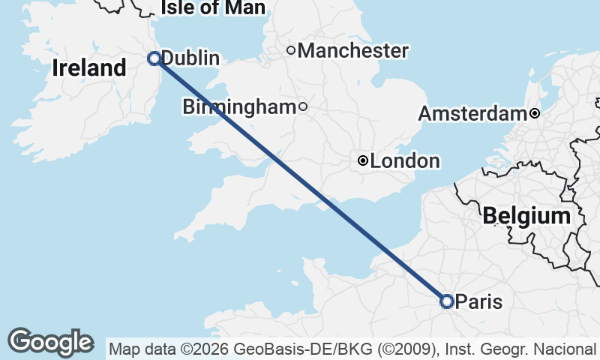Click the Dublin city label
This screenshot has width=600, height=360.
pos(190,58)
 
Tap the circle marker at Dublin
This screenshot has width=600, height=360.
pos(154,58)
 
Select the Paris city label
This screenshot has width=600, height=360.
pos(478,301)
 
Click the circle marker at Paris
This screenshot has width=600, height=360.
pos(446,301)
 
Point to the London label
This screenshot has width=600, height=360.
pos(405,160)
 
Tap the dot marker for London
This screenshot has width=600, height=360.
pos(363,160)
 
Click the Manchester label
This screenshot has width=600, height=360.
pos(353,51)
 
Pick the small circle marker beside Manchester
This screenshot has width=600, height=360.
pos(292,51)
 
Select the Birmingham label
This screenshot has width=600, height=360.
pos(239,107)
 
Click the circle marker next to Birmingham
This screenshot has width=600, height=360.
pos(303,106)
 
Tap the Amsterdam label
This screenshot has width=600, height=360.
pos(472,114)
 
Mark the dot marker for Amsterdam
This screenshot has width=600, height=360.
pos(534,114)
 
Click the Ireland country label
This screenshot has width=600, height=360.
pos(89,68)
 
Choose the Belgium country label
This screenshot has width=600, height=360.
pos(526,217)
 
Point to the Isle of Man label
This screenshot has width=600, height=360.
pos(213,8)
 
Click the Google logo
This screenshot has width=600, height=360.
pos(50,342)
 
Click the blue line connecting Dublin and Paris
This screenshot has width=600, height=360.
pos(300,180)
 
